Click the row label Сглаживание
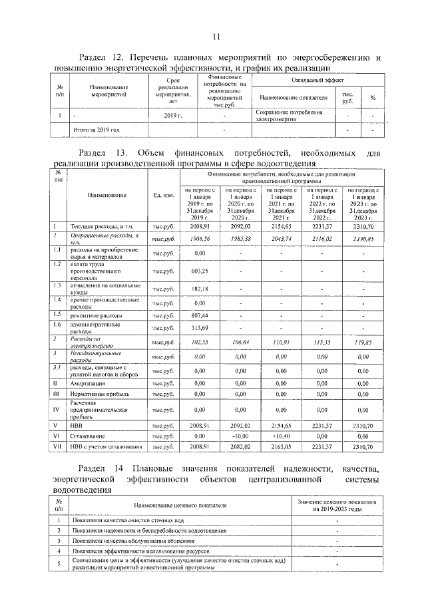pos(91,435)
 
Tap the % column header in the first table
pos(373,98)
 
